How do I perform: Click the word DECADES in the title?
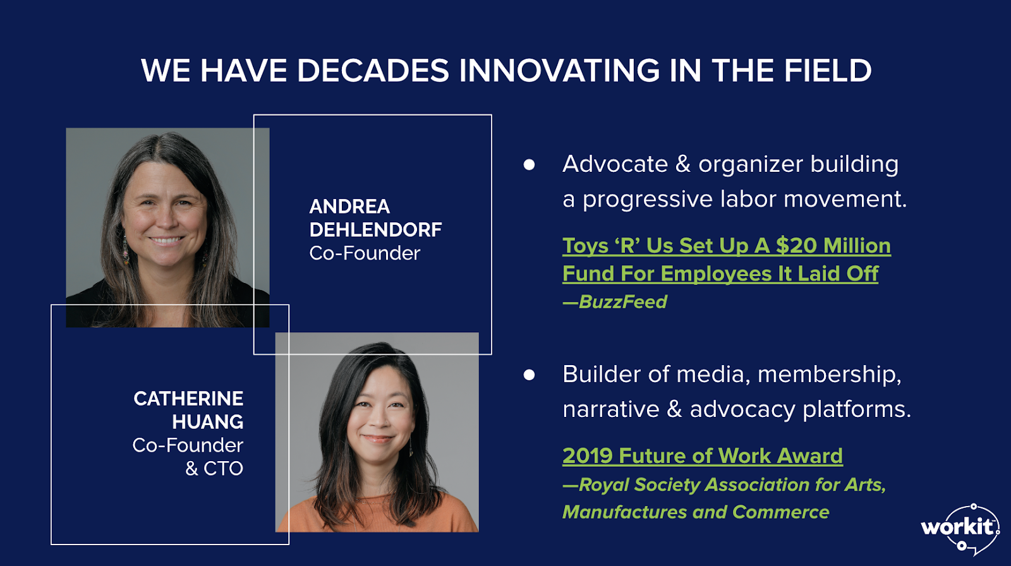tap(373, 70)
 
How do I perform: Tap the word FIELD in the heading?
tap(827, 70)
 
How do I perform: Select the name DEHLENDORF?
tap(375, 230)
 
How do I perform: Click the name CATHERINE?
tap(188, 399)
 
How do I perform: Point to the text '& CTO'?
tap(214, 469)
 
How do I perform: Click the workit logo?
tap(960, 529)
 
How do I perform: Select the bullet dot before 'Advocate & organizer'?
tap(529, 164)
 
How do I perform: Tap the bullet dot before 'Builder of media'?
tap(529, 375)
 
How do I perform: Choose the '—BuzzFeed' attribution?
tap(615, 301)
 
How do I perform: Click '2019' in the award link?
tap(588, 455)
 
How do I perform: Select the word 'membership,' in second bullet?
tap(830, 375)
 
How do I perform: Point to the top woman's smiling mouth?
tap(166, 240)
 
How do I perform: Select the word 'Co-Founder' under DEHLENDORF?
tap(365, 253)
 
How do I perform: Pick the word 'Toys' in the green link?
tap(585, 246)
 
